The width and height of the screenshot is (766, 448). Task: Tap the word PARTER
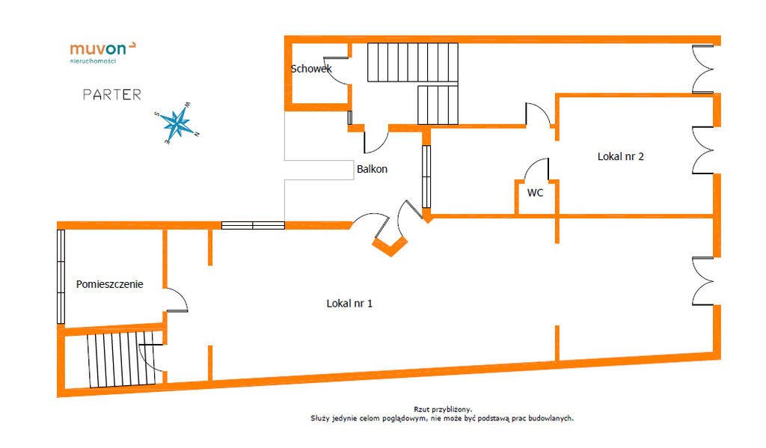pyautogui.click(x=112, y=94)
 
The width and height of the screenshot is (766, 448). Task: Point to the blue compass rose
pyautogui.click(x=177, y=123)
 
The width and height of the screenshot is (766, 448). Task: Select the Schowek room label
pyautogui.click(x=311, y=69)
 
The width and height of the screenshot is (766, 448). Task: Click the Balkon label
pyautogui.click(x=373, y=169)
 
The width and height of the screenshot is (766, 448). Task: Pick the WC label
pyautogui.click(x=535, y=193)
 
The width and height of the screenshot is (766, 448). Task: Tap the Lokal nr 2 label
pyautogui.click(x=620, y=156)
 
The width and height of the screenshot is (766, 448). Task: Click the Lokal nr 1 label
pyautogui.click(x=349, y=304)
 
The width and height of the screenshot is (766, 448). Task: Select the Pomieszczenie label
pyautogui.click(x=109, y=284)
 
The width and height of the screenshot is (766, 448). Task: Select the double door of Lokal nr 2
pyautogui.click(x=702, y=150)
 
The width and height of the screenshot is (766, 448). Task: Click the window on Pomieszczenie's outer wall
pyautogui.click(x=61, y=277)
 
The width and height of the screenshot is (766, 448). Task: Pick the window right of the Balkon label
pyautogui.click(x=426, y=177)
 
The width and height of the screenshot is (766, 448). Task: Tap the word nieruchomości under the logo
pyautogui.click(x=93, y=61)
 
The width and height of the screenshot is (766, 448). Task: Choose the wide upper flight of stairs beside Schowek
pyautogui.click(x=413, y=62)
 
